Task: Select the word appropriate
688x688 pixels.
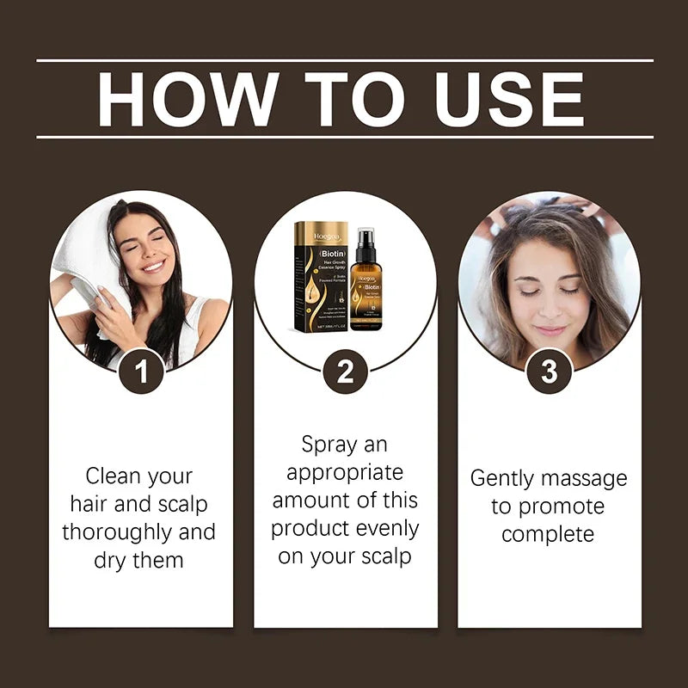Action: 344,473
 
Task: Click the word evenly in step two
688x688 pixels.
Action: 379,528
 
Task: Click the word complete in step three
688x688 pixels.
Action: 548,534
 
